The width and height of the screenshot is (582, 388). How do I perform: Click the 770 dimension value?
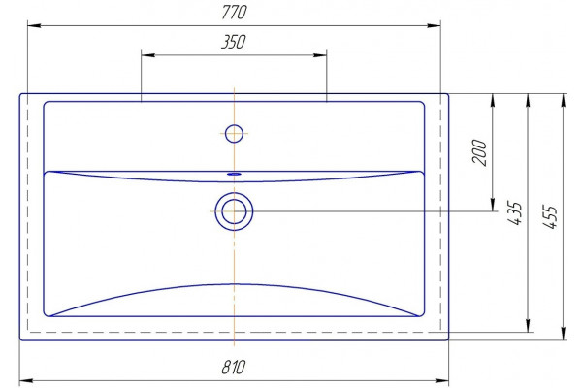coord(234,12)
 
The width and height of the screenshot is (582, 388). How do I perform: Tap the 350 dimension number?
coord(234,42)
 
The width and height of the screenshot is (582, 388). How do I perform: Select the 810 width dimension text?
coord(234,367)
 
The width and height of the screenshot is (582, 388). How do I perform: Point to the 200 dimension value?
coord(479,152)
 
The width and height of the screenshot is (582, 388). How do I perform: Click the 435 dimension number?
coord(515,213)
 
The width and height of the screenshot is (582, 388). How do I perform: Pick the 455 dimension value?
coord(550,217)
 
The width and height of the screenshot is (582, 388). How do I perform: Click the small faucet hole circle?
coord(234,134)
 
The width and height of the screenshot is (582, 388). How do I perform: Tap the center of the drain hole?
coord(234,211)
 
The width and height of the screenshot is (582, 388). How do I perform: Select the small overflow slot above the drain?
coord(234,174)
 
